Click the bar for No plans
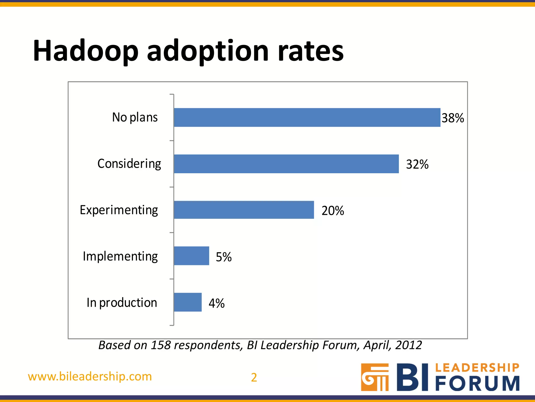point(307,118)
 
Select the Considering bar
point(286,164)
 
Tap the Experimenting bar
point(244,210)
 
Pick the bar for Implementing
point(191,256)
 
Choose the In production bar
point(188,302)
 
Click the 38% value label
point(453,118)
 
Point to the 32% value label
point(417,164)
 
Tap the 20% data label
point(333,211)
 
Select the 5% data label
point(224,257)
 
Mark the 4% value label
point(217,303)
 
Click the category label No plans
point(135,117)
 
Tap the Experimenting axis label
point(119,210)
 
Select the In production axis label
point(122,303)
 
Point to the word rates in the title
point(311,51)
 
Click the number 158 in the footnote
point(161,345)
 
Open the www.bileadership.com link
point(90,377)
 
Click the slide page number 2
point(254,377)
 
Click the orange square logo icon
point(375,377)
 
